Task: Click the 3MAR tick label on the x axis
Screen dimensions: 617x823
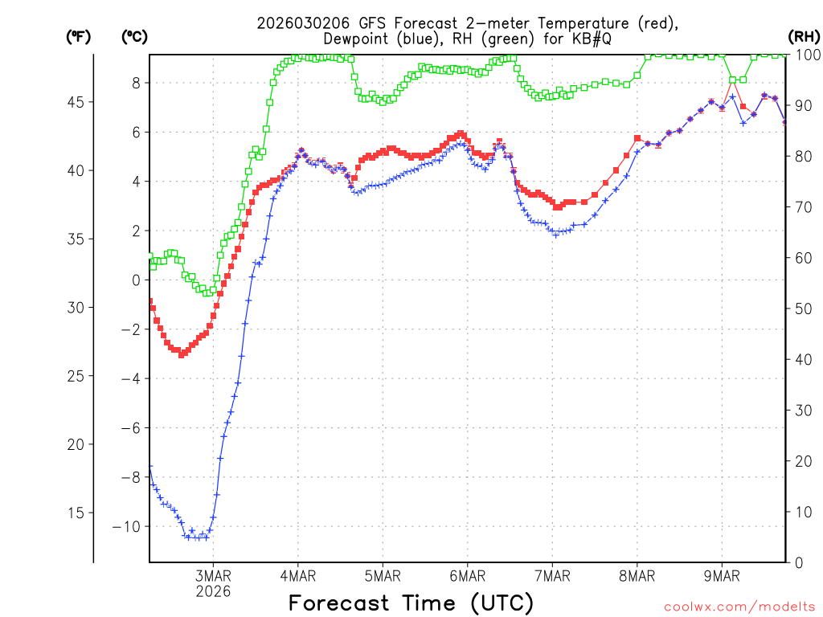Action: tap(212, 576)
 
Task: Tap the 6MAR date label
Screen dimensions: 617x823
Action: tap(467, 576)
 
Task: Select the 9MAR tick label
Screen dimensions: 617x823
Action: tap(722, 576)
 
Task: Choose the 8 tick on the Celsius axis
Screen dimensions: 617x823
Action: tap(136, 83)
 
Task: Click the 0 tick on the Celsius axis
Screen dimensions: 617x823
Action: tap(136, 280)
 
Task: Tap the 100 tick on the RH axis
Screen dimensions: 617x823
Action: tap(806, 55)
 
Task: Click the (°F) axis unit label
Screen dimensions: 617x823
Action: tap(78, 36)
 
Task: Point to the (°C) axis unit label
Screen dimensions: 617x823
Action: tap(135, 36)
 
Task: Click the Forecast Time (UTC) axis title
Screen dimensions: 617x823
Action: tap(411, 603)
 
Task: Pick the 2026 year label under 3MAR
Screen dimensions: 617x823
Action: tap(212, 591)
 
